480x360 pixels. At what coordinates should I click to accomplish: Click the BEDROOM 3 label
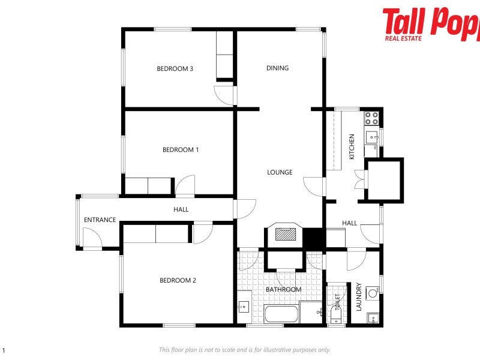click(x=175, y=68)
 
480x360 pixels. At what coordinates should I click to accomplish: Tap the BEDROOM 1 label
click(x=181, y=149)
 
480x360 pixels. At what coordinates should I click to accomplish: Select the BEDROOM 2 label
click(x=178, y=280)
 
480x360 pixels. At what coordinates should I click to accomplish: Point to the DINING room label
click(x=277, y=68)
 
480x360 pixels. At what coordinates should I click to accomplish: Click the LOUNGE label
click(x=280, y=172)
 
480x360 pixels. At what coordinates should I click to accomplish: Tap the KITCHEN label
click(x=352, y=146)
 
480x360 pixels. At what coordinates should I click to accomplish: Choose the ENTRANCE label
click(x=100, y=220)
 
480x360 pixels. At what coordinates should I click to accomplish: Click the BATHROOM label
click(x=284, y=289)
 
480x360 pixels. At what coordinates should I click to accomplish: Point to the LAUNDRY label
click(x=359, y=297)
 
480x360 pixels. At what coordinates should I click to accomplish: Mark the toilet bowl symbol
click(x=336, y=315)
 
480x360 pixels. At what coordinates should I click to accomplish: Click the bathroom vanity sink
click(x=243, y=306)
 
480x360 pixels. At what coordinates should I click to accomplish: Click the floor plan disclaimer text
click(x=245, y=350)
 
